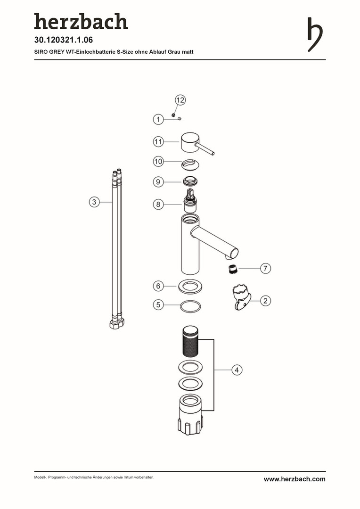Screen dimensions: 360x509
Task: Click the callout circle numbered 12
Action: coord(180,100)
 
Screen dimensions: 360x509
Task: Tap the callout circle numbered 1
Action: coord(158,119)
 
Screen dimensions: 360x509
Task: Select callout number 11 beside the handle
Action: coord(158,142)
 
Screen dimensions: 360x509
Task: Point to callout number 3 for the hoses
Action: coord(94,202)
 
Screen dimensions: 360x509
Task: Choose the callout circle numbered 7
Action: coord(266,269)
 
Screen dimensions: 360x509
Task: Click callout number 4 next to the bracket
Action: coord(237,370)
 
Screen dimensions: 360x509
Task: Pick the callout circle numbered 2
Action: coord(266,301)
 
